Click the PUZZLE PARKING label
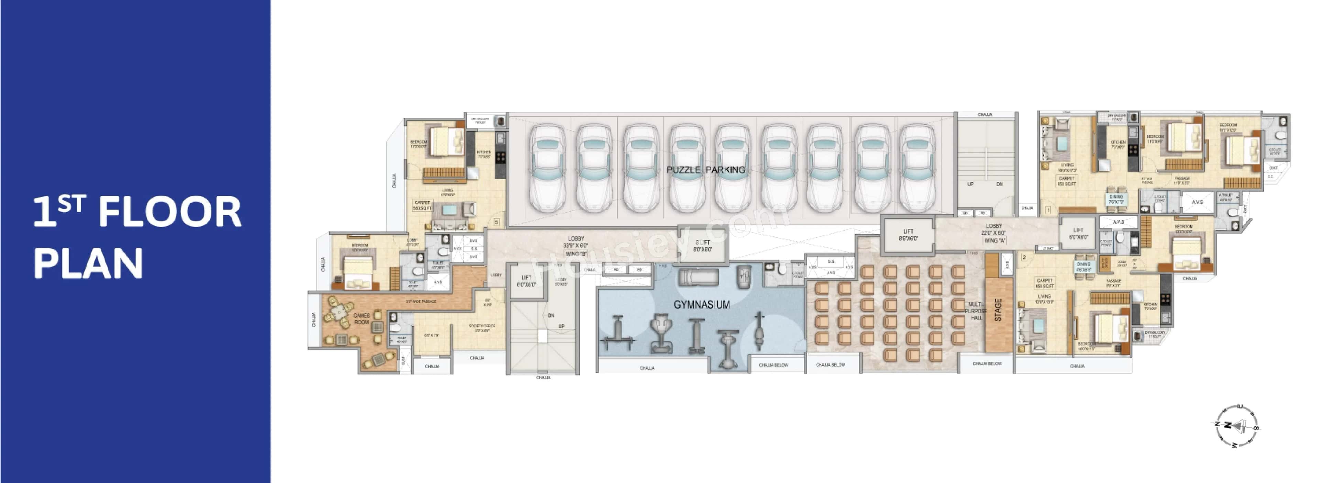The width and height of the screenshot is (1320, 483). [x=706, y=170]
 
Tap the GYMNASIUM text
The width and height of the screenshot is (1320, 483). [x=702, y=305]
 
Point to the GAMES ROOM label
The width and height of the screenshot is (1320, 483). [x=361, y=318]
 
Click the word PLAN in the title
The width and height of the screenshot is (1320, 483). [x=88, y=263]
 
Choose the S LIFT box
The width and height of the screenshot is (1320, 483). [x=703, y=246]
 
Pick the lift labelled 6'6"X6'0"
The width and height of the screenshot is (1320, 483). [x=908, y=235]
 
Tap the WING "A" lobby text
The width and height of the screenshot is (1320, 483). [x=994, y=240]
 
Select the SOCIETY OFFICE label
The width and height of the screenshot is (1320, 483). [x=482, y=328]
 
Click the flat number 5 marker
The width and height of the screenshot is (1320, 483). [x=495, y=222]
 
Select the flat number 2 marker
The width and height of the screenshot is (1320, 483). [x=1024, y=257]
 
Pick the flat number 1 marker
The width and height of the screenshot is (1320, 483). [x=1048, y=210]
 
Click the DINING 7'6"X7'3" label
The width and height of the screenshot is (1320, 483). [x=1116, y=199]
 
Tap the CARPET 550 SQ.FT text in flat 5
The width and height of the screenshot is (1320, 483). [x=422, y=205]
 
